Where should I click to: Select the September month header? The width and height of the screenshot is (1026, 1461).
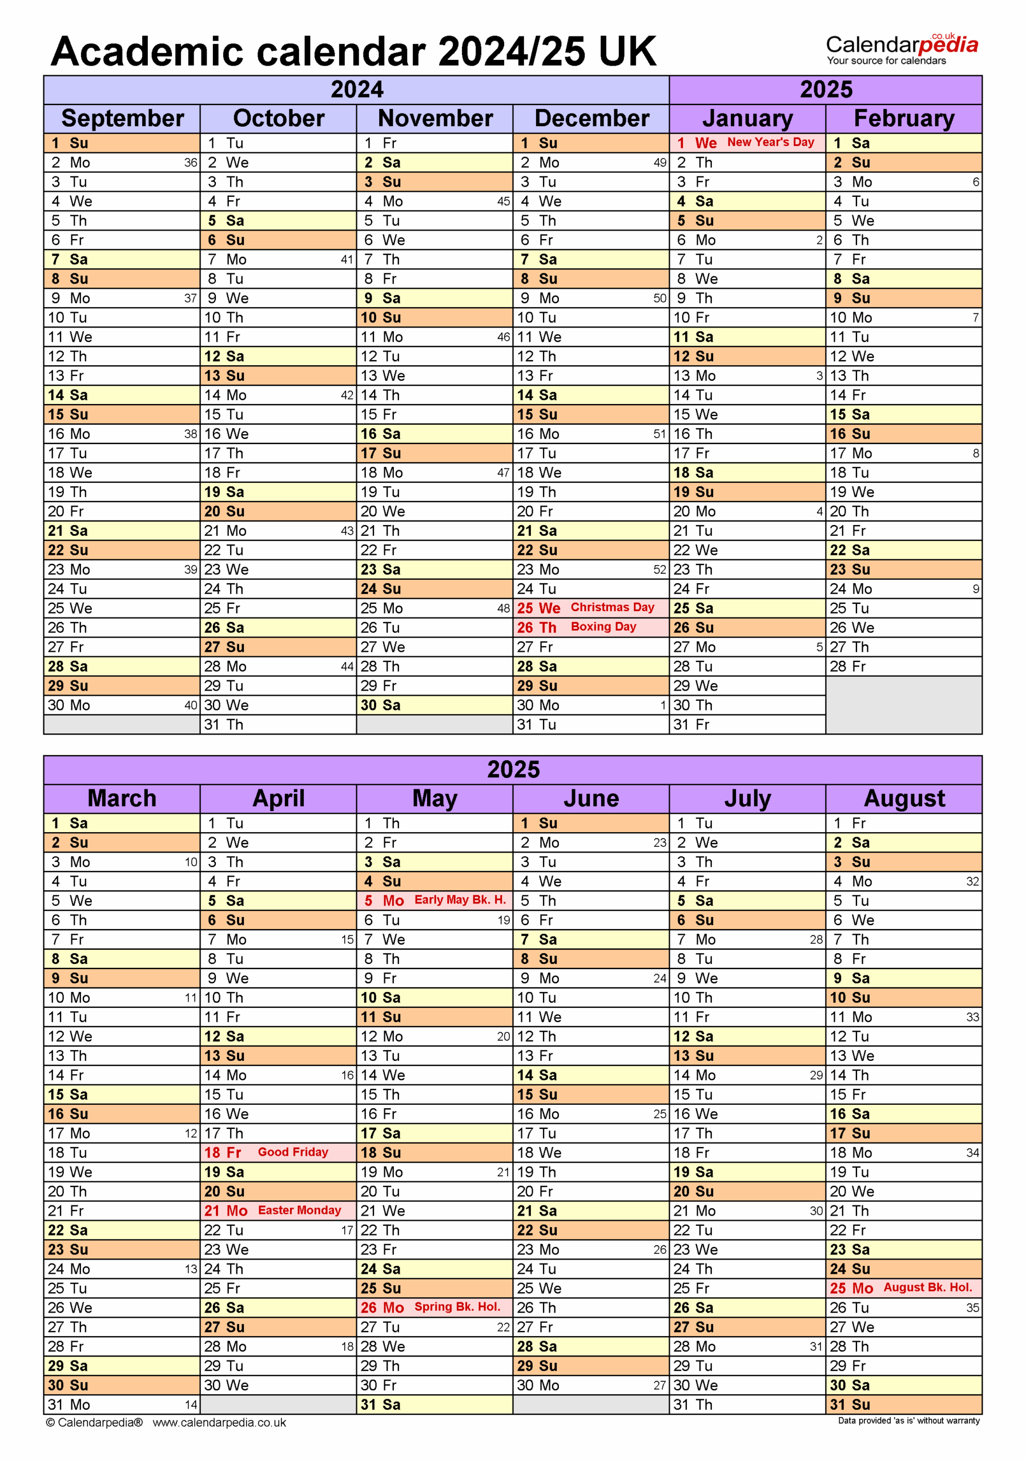click(122, 118)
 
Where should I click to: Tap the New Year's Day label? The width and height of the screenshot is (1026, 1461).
click(770, 142)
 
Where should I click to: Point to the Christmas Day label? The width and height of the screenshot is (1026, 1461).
click(611, 607)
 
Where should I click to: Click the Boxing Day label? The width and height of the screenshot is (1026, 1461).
click(603, 626)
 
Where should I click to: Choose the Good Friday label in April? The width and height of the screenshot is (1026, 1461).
click(293, 1152)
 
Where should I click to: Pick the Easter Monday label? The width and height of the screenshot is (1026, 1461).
click(299, 1210)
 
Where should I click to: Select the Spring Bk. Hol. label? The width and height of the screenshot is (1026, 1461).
click(456, 1306)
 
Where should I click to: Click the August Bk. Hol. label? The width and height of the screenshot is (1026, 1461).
click(927, 1288)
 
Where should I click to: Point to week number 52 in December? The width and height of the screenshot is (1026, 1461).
click(659, 570)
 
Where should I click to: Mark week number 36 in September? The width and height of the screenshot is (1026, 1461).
click(190, 163)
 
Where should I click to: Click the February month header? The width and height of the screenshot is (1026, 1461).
click(903, 118)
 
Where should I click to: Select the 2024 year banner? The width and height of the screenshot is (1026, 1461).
click(356, 90)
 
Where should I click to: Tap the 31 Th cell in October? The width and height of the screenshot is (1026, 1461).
click(224, 724)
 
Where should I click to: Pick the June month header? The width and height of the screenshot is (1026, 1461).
click(591, 798)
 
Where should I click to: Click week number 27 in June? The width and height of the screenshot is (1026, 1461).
click(659, 1385)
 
